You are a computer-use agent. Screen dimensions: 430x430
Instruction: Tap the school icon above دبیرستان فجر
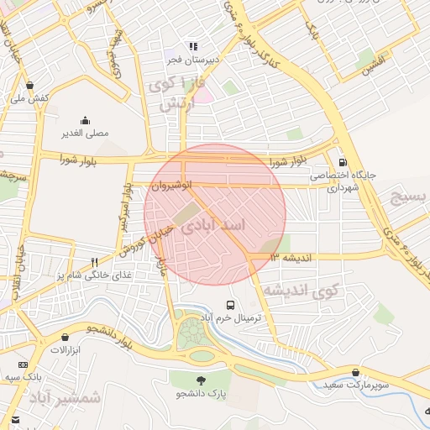(193, 47)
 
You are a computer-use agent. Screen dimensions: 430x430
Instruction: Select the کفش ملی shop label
(30, 98)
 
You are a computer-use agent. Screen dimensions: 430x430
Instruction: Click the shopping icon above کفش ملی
(30, 85)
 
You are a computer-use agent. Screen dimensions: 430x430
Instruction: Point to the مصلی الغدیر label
(84, 134)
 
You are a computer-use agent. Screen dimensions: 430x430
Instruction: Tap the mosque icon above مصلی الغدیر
(84, 120)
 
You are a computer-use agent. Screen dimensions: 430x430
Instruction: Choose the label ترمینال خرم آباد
(231, 318)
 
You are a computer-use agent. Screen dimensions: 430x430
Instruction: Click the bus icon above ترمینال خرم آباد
(231, 304)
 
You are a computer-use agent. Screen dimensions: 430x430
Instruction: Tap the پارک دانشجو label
(202, 392)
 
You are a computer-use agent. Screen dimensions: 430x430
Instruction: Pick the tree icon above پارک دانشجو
(202, 379)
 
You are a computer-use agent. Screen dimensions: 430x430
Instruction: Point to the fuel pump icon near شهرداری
(341, 163)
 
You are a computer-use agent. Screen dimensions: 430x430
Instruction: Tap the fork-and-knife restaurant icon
(94, 261)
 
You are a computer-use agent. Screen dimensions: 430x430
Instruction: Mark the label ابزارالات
(64, 349)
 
